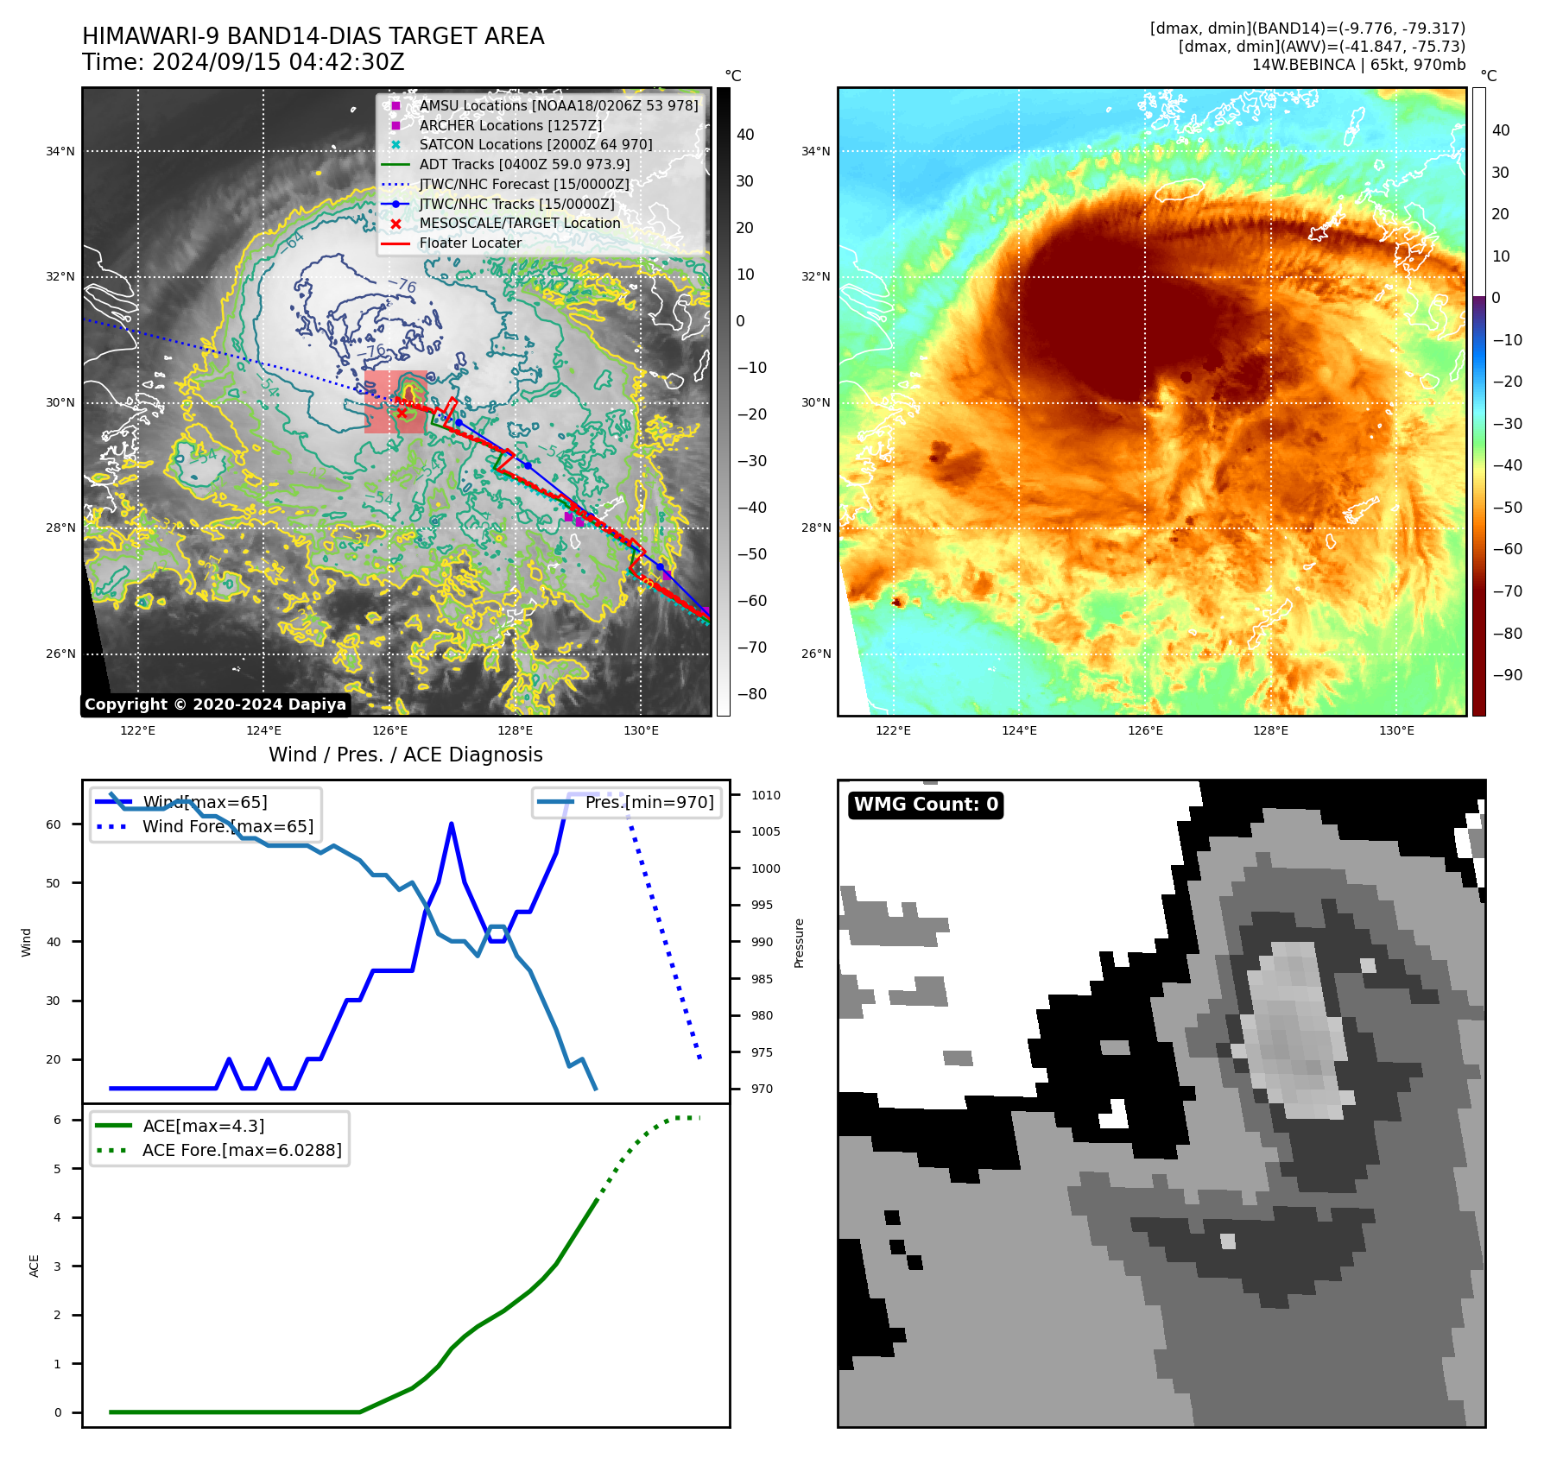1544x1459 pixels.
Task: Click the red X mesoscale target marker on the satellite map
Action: pyautogui.click(x=402, y=413)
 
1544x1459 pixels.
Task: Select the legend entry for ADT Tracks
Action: pyautogui.click(x=524, y=164)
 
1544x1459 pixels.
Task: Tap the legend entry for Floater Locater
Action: pyautogui.click(x=470, y=243)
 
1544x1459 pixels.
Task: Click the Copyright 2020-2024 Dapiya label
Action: pyautogui.click(x=215, y=704)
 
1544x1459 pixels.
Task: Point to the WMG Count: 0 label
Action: pyautogui.click(x=926, y=805)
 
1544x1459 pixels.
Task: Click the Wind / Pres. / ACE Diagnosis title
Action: pyautogui.click(x=405, y=755)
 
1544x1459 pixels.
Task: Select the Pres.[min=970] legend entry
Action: pyautogui.click(x=649, y=802)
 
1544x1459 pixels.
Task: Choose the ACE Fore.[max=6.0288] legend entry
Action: pyautogui.click(x=242, y=1150)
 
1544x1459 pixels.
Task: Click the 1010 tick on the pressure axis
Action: pyautogui.click(x=765, y=795)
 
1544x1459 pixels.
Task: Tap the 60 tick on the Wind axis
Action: pyautogui.click(x=54, y=824)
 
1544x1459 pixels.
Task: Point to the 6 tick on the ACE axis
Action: pyautogui.click(x=57, y=1120)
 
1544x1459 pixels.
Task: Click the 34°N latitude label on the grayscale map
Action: pyautogui.click(x=60, y=151)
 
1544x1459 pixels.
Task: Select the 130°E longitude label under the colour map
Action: pyautogui.click(x=1396, y=730)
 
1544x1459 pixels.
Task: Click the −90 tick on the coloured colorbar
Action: pyautogui.click(x=1507, y=675)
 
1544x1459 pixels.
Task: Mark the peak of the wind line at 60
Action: pyautogui.click(x=452, y=824)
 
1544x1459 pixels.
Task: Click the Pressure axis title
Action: pyautogui.click(x=799, y=943)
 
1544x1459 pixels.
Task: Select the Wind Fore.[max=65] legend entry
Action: pyautogui.click(x=228, y=826)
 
